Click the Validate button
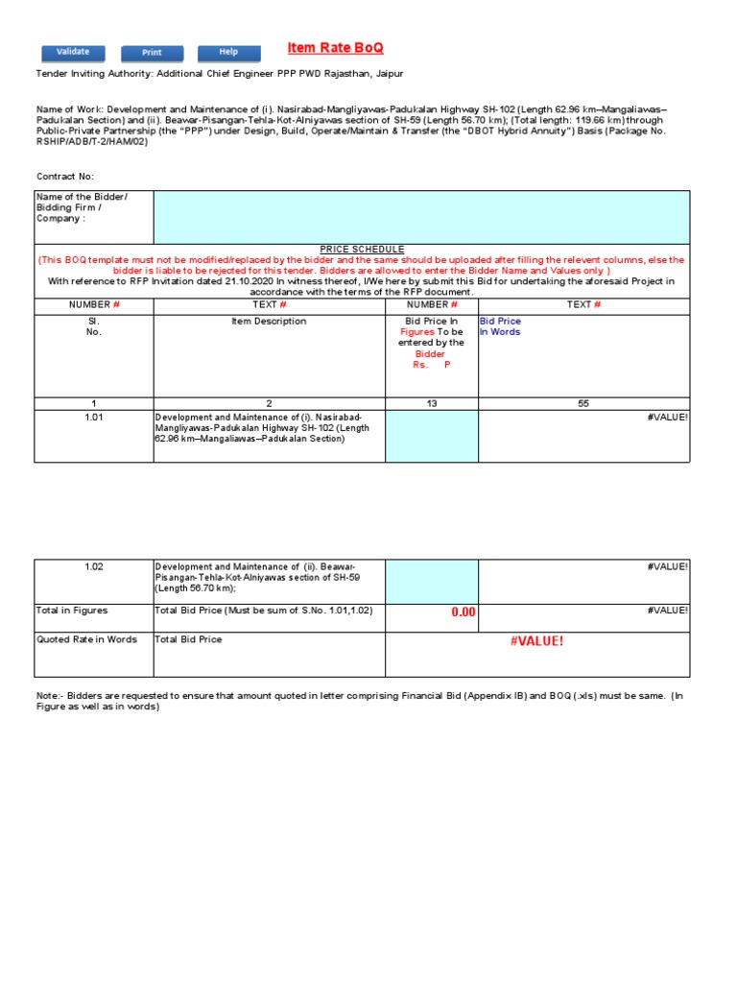point(73,52)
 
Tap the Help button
point(228,52)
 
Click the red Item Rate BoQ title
point(335,49)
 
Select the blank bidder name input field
point(420,217)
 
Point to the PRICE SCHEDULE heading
point(362,249)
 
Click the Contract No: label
point(65,177)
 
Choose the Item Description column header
point(269,322)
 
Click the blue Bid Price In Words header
point(501,326)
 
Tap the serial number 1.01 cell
point(93,418)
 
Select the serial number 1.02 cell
point(93,567)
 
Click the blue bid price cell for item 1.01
point(431,436)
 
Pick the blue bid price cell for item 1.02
point(431,582)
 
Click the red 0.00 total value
point(464,612)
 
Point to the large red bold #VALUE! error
point(536,641)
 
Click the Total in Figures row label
point(72,611)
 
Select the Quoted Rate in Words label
point(86,639)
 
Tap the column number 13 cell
point(431,403)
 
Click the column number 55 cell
point(583,403)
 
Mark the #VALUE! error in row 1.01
point(668,418)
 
